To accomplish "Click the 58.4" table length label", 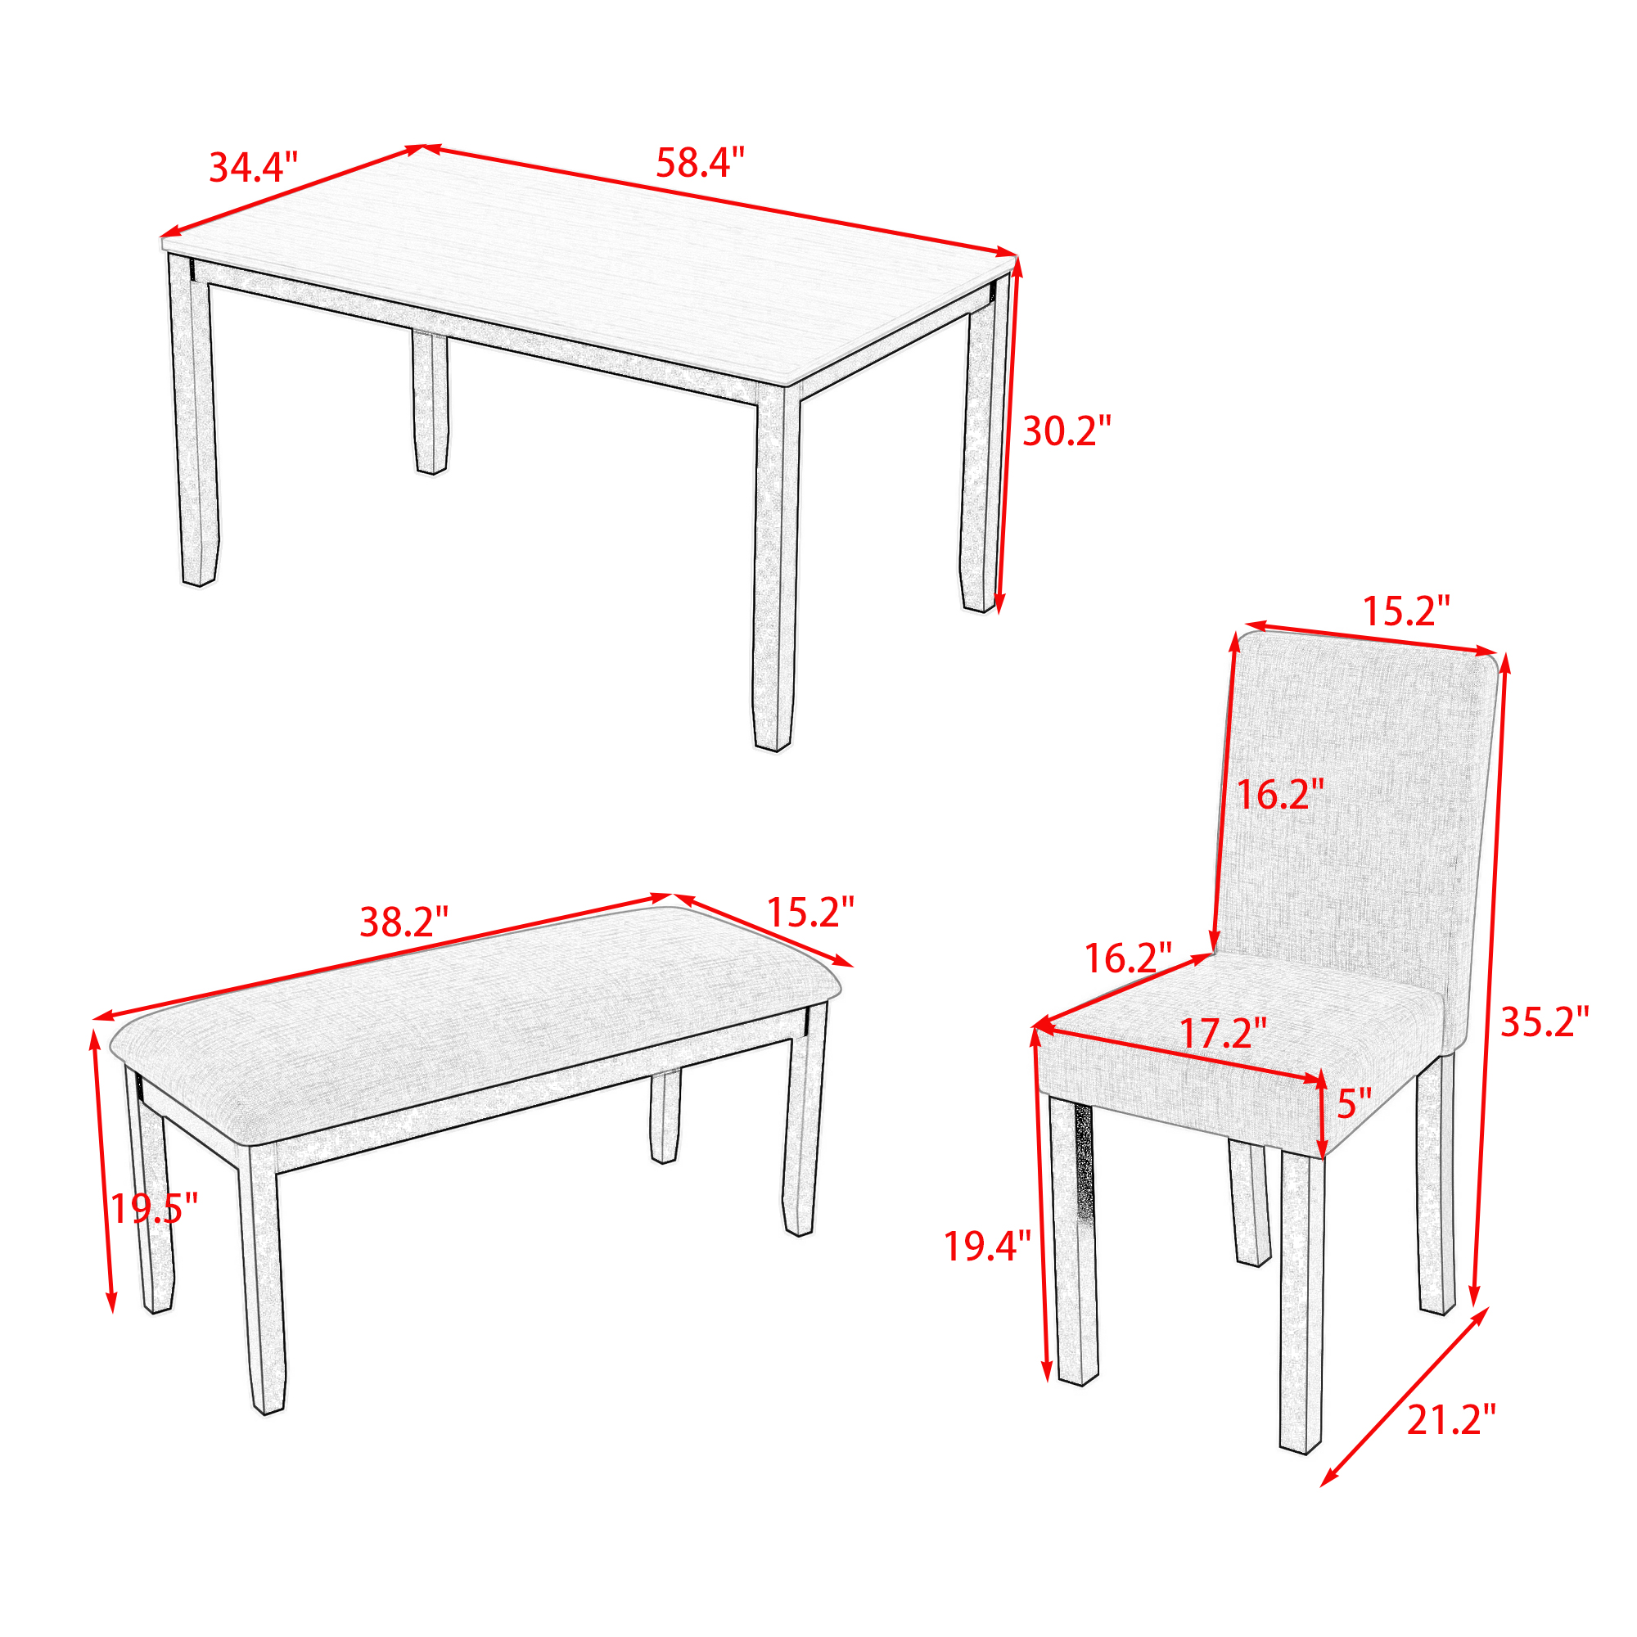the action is (700, 162).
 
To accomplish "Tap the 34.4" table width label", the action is (254, 167).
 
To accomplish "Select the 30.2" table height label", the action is (1067, 431).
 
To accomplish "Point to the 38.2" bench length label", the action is (404, 922).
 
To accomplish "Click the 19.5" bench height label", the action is (153, 1208).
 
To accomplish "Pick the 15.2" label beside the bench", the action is (810, 912).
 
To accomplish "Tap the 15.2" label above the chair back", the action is (1406, 611).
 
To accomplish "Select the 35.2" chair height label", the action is (1545, 1021).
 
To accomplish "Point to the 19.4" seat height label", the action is (988, 1246).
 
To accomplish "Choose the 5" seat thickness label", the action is (1353, 1103).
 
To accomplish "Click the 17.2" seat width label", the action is (1224, 1033).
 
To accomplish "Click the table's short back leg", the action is (431, 403).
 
